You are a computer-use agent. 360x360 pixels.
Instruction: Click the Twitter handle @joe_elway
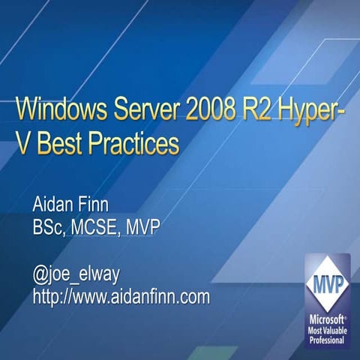(76, 275)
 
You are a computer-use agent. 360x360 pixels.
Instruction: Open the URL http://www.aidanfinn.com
(121, 298)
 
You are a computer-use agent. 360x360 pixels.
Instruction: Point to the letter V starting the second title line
(23, 142)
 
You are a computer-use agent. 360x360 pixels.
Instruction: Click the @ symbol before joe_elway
(40, 275)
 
